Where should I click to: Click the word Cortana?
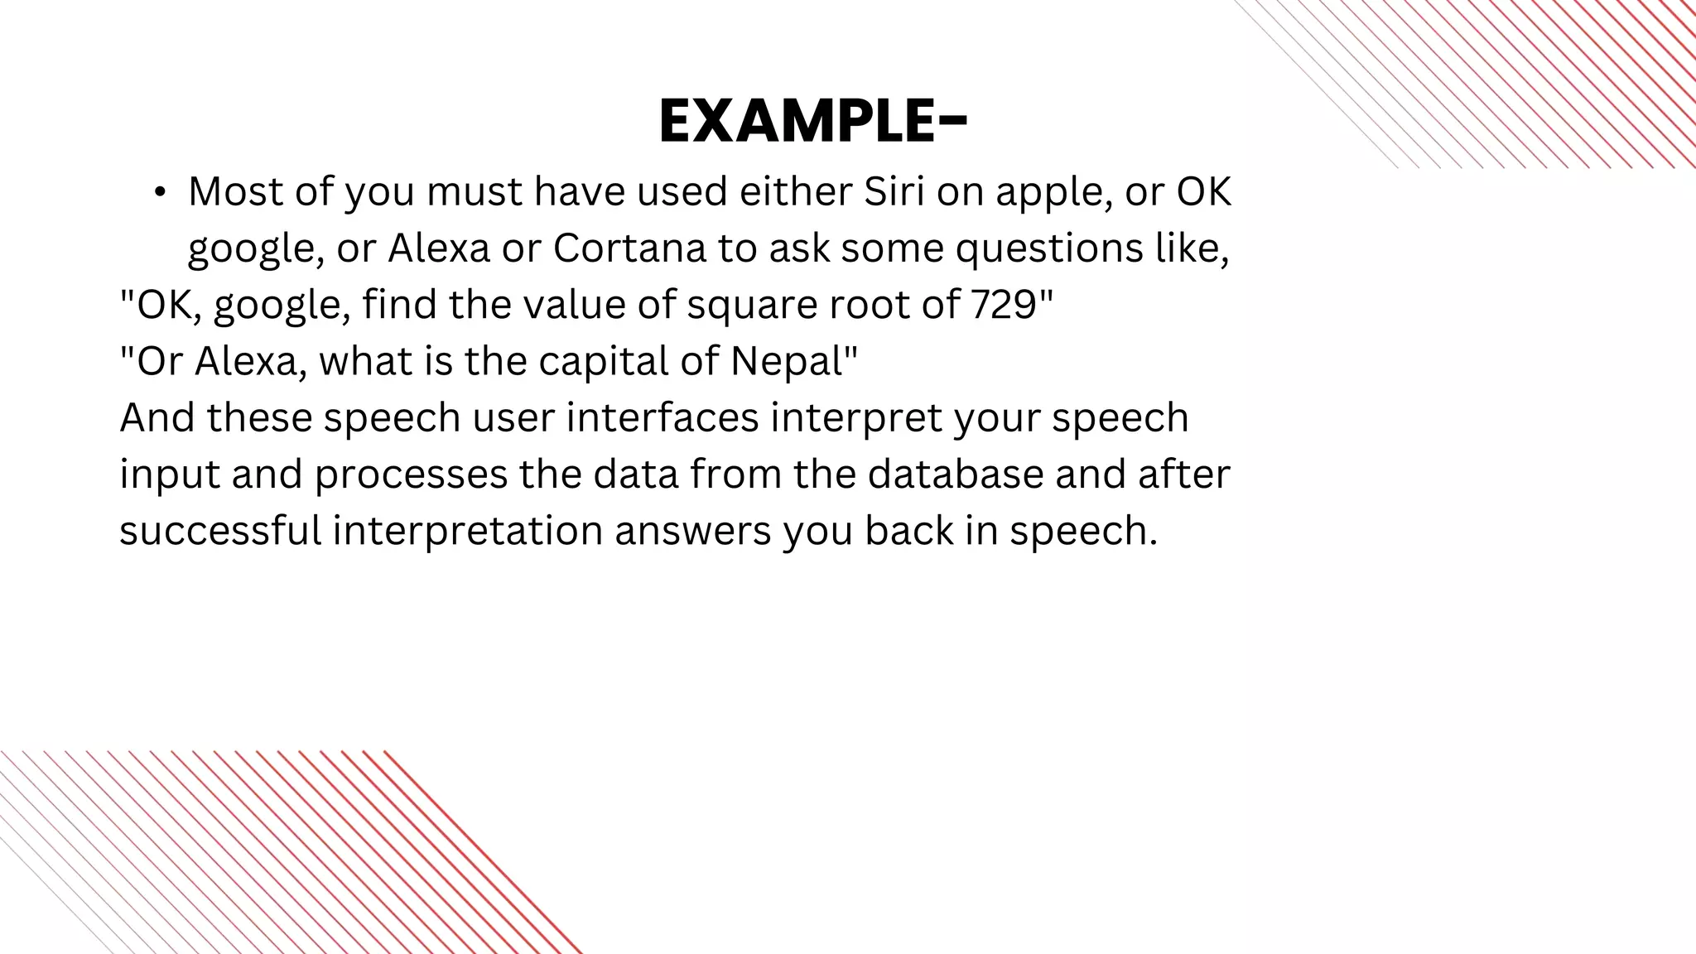click(x=629, y=248)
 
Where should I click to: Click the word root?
click(x=861, y=305)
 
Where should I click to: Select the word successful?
click(x=220, y=530)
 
